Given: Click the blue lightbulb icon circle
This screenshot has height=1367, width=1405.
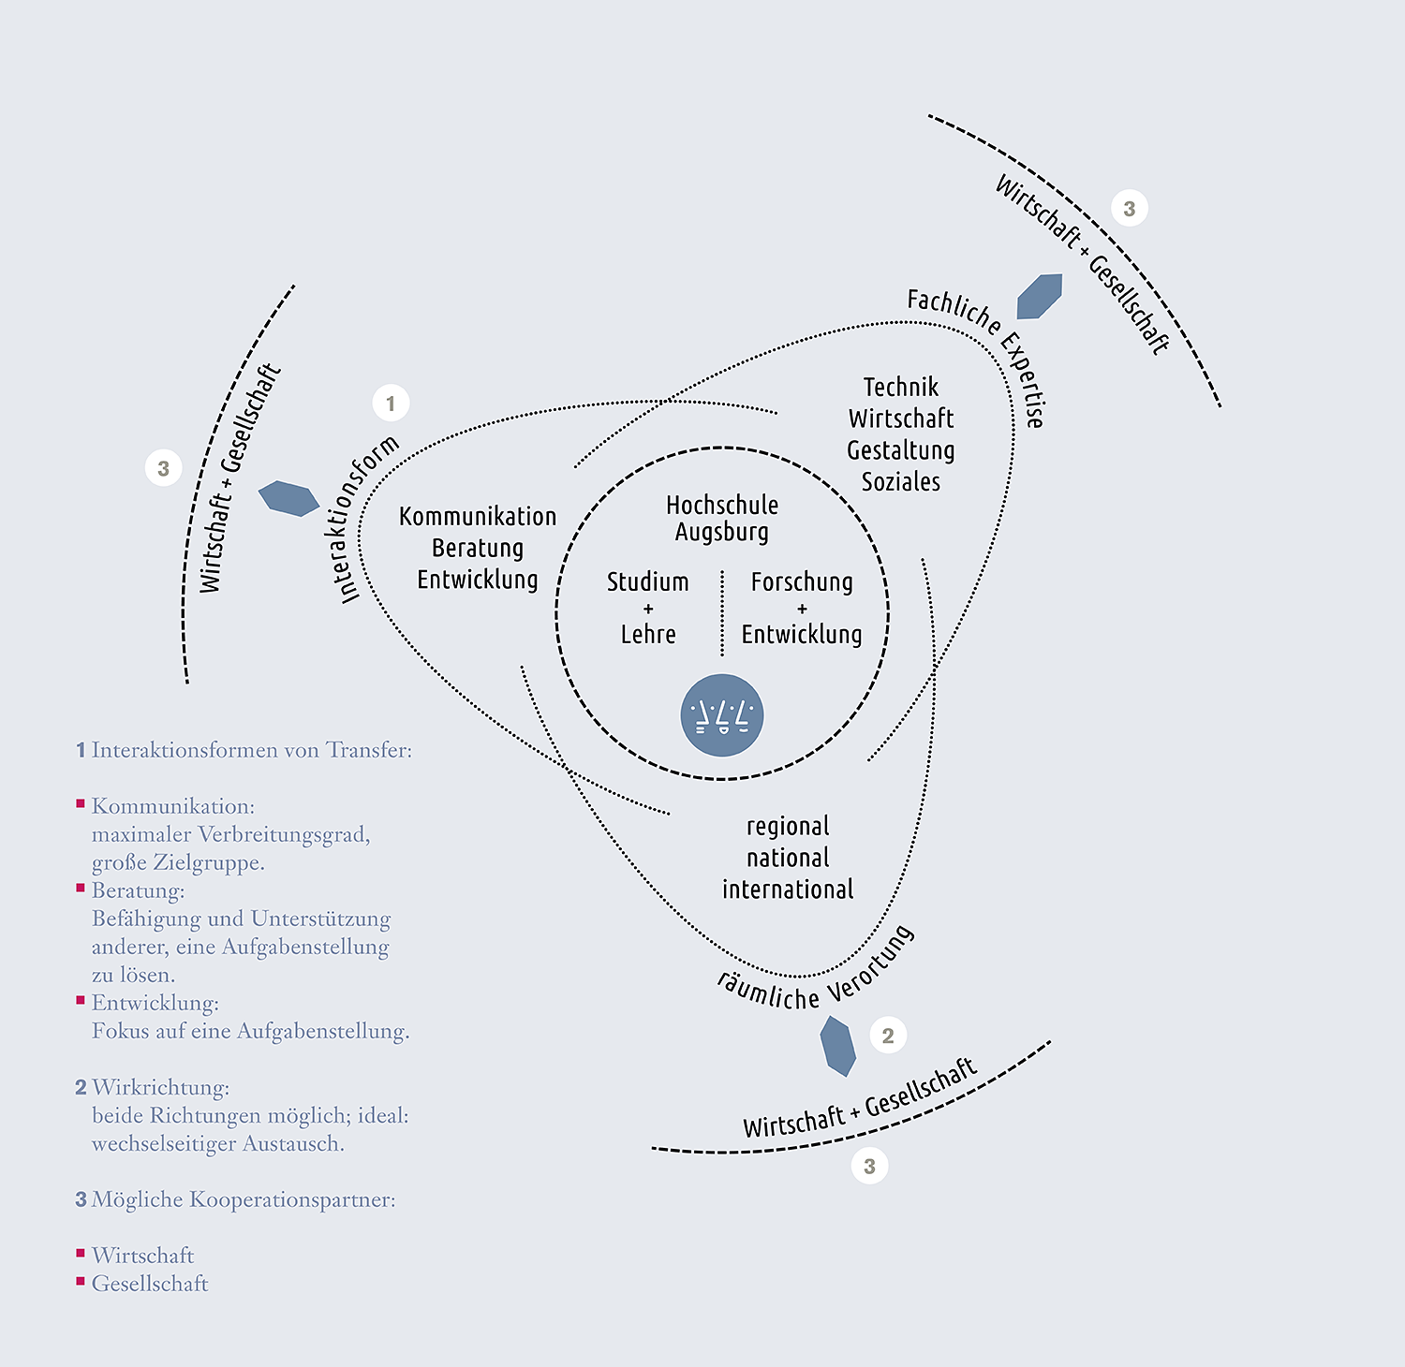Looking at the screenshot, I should click(x=721, y=715).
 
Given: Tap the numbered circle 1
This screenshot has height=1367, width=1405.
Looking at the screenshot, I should click(x=391, y=404).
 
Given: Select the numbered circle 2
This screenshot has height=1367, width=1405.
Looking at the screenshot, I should click(x=888, y=1036).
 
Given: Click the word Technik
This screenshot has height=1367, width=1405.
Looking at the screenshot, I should click(x=900, y=387).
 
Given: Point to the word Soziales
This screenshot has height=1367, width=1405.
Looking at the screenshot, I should click(x=900, y=481).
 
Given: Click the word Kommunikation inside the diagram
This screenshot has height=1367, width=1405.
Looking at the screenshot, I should click(x=478, y=517).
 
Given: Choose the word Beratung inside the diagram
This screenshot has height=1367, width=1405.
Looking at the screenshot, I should click(x=478, y=548).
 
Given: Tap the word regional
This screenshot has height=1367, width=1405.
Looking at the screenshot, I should click(x=788, y=827).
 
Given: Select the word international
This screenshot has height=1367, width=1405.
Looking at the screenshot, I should click(x=788, y=889).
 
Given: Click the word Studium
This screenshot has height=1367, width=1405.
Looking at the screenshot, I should click(x=647, y=581).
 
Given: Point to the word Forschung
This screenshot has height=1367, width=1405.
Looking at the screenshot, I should click(x=802, y=581).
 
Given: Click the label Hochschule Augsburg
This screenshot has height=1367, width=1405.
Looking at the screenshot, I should click(x=722, y=518).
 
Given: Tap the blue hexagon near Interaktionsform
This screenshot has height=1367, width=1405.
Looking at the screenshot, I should click(x=288, y=498).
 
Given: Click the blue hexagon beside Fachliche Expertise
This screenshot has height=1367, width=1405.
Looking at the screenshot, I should click(x=1040, y=296).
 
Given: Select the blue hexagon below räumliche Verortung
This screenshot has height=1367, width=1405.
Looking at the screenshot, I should click(x=837, y=1045).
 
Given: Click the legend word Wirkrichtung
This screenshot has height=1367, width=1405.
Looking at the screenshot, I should click(x=160, y=1088).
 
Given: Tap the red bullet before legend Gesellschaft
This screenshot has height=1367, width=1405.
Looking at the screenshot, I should click(x=81, y=1281).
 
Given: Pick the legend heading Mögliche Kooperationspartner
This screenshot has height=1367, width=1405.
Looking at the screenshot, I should click(x=244, y=1200).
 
